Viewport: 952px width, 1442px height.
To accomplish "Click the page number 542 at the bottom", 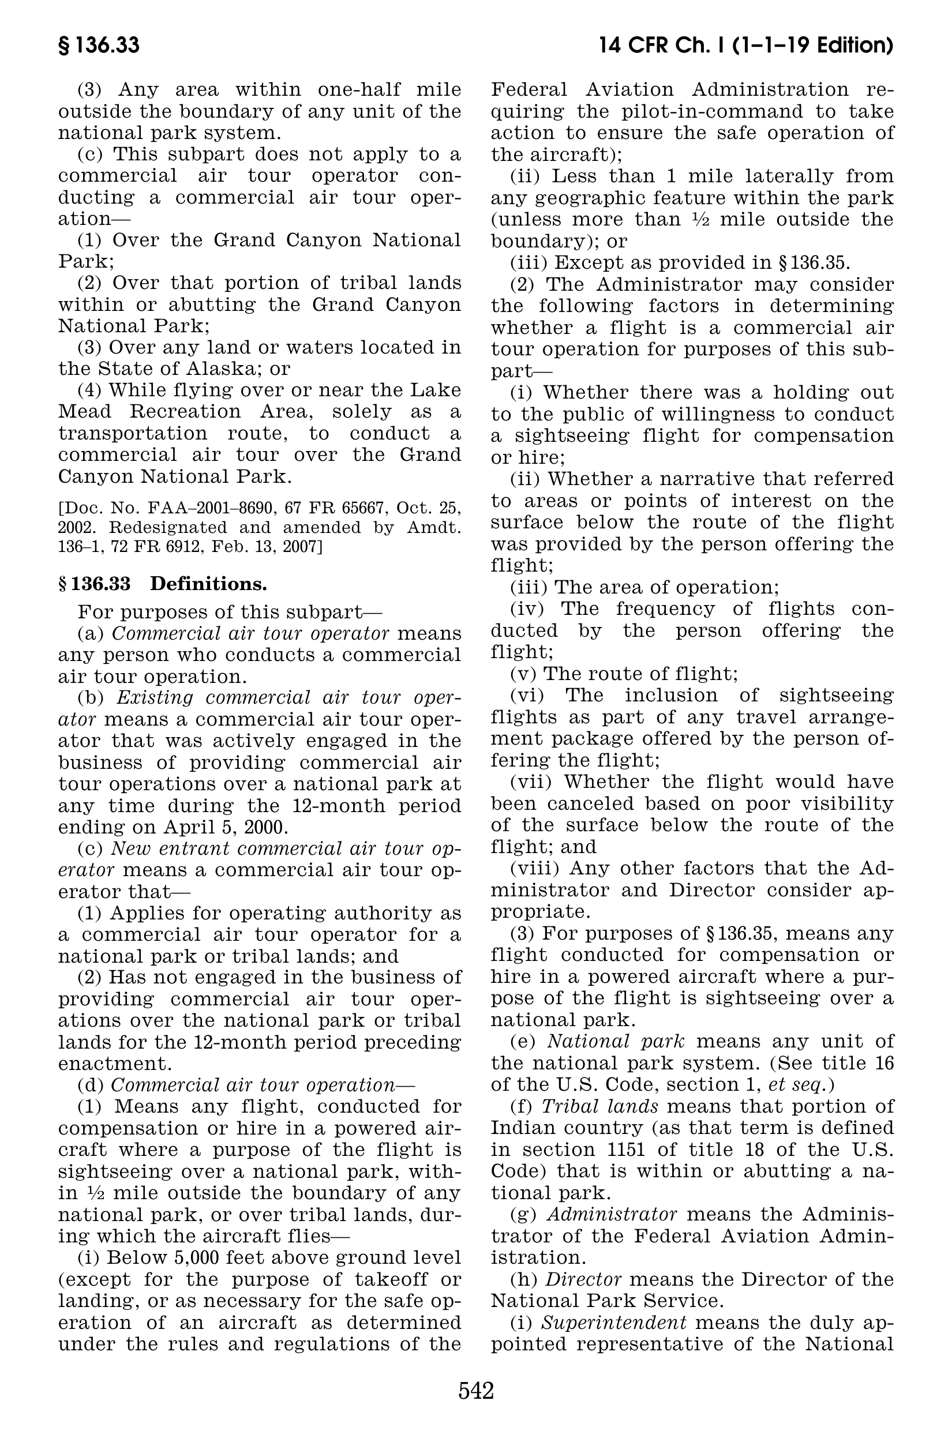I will pyautogui.click(x=476, y=1390).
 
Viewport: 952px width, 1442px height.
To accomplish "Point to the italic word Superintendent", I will pyautogui.click(x=613, y=1323).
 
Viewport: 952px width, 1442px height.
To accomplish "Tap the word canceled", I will pyautogui.click(x=578, y=803).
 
